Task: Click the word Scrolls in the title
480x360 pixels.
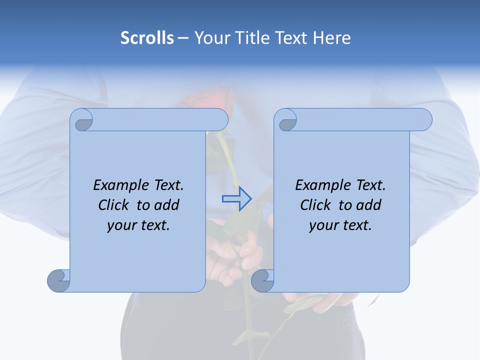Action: (x=147, y=38)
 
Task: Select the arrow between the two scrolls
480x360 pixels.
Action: (x=236, y=199)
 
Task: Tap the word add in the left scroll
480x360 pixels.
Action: (x=167, y=205)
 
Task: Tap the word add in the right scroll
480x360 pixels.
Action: (x=369, y=205)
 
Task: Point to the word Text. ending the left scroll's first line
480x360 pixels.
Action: (x=167, y=185)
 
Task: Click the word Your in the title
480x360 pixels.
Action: (x=210, y=38)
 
